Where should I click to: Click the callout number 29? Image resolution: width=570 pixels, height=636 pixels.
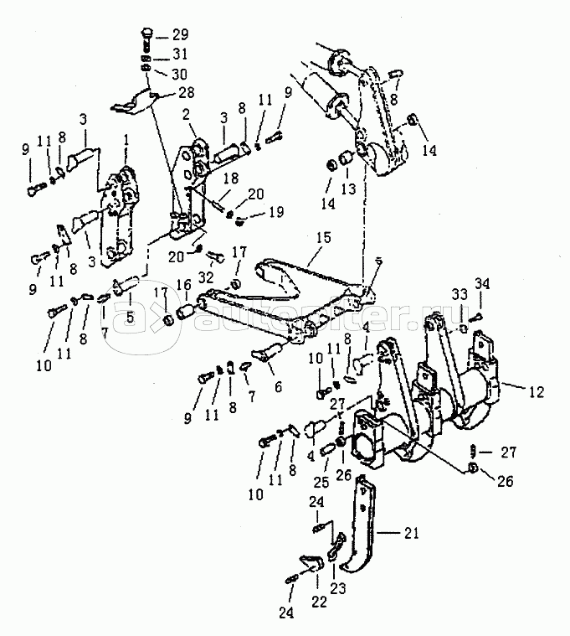pos(180,35)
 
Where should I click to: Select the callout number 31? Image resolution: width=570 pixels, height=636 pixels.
pos(180,54)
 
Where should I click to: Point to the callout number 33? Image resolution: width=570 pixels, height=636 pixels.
pos(460,294)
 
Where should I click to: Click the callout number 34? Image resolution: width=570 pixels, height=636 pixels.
pos(483,282)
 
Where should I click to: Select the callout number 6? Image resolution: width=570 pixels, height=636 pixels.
pos(276,386)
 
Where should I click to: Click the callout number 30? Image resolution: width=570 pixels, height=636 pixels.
pos(180,73)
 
